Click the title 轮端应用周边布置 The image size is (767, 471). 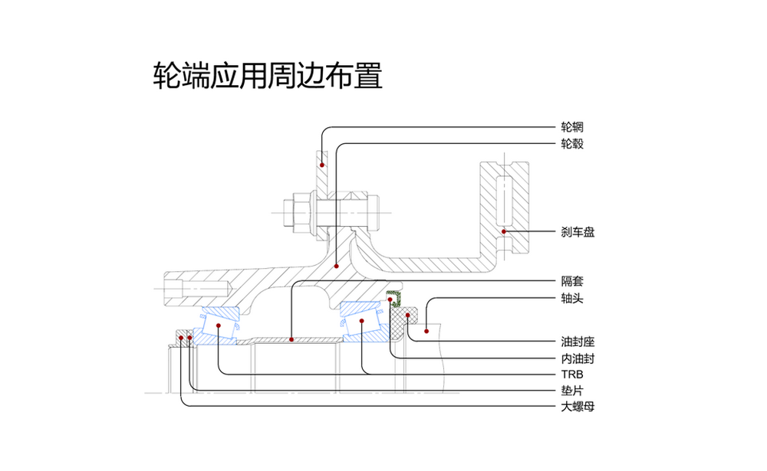(268, 77)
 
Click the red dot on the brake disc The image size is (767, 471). (504, 231)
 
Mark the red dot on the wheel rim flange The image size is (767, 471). (322, 164)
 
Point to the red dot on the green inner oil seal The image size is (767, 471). (390, 299)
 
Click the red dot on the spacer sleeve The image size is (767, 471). (291, 338)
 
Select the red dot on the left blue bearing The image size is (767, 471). (219, 325)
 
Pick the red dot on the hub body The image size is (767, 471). (337, 265)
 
